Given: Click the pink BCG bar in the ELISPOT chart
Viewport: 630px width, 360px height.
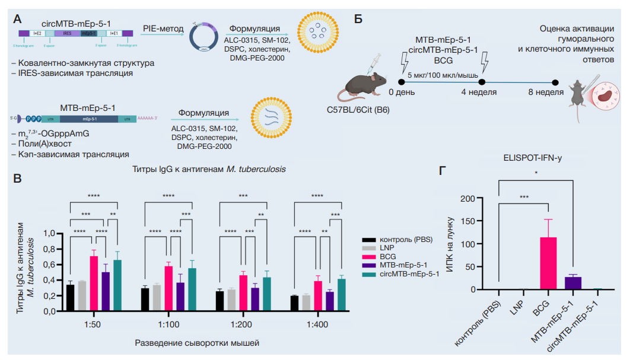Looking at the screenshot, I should click(x=548, y=263).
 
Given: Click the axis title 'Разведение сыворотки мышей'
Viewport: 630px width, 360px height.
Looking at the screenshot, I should click(x=198, y=343).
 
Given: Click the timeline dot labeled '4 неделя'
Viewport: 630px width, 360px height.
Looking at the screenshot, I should click(x=482, y=82).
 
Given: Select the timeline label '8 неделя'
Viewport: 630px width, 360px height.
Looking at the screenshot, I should click(x=546, y=93).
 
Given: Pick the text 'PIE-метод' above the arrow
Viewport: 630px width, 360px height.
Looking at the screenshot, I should click(x=163, y=27).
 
